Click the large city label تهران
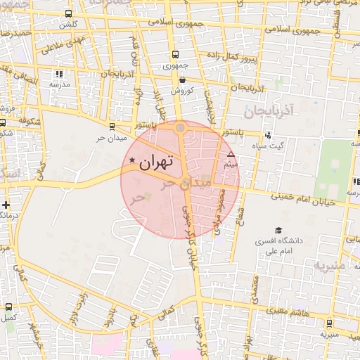point(155,163)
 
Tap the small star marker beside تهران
point(132,162)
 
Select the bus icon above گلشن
point(68,13)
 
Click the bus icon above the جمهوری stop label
point(174,55)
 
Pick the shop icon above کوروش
point(182,79)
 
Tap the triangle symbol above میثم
point(231,153)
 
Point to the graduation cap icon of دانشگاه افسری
point(278,230)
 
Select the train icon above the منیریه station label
point(330,323)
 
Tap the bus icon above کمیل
point(8,307)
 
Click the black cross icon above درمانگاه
point(6,205)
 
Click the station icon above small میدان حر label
point(112,127)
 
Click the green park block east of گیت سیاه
point(333,169)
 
